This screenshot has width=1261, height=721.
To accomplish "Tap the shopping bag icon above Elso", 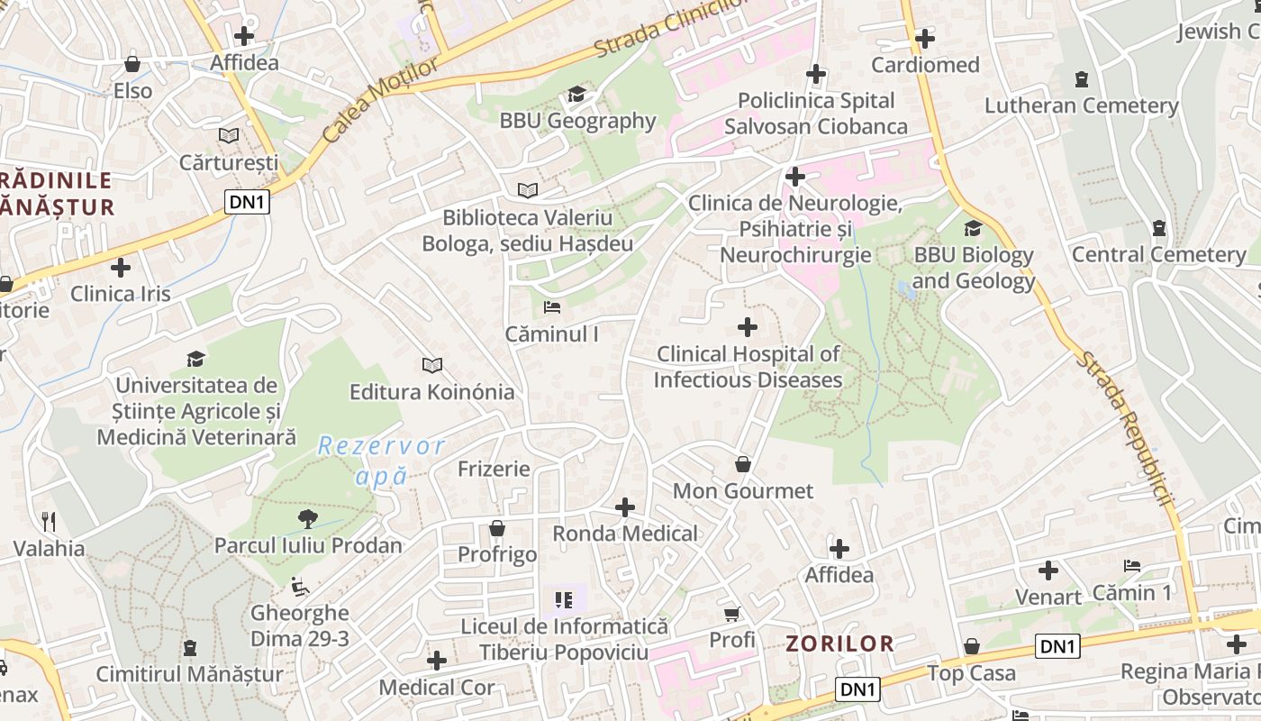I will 132,64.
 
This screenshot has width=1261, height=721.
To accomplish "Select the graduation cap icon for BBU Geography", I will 576,95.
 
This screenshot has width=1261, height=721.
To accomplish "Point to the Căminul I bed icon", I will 552,308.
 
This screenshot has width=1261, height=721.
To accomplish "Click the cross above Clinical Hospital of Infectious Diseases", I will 748,327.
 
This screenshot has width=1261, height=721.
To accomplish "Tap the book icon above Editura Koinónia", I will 432,365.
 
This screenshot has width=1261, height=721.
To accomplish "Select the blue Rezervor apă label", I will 382,461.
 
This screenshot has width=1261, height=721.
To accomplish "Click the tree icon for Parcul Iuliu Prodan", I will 308,518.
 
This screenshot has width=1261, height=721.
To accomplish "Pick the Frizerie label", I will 494,470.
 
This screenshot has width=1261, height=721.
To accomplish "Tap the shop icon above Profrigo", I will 497,528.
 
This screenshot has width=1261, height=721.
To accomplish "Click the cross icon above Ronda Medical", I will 625,507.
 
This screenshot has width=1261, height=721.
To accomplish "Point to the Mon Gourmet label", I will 743,491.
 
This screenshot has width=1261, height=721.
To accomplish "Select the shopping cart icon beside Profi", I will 732,614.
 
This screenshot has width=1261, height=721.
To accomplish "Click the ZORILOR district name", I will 840,643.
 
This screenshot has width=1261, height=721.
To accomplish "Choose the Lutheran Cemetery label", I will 1081,105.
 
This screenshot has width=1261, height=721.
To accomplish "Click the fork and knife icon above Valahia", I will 49,521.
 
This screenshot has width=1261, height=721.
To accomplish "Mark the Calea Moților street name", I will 380,100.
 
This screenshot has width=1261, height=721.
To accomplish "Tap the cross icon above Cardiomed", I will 925,39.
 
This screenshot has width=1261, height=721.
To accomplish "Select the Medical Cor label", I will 436,688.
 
